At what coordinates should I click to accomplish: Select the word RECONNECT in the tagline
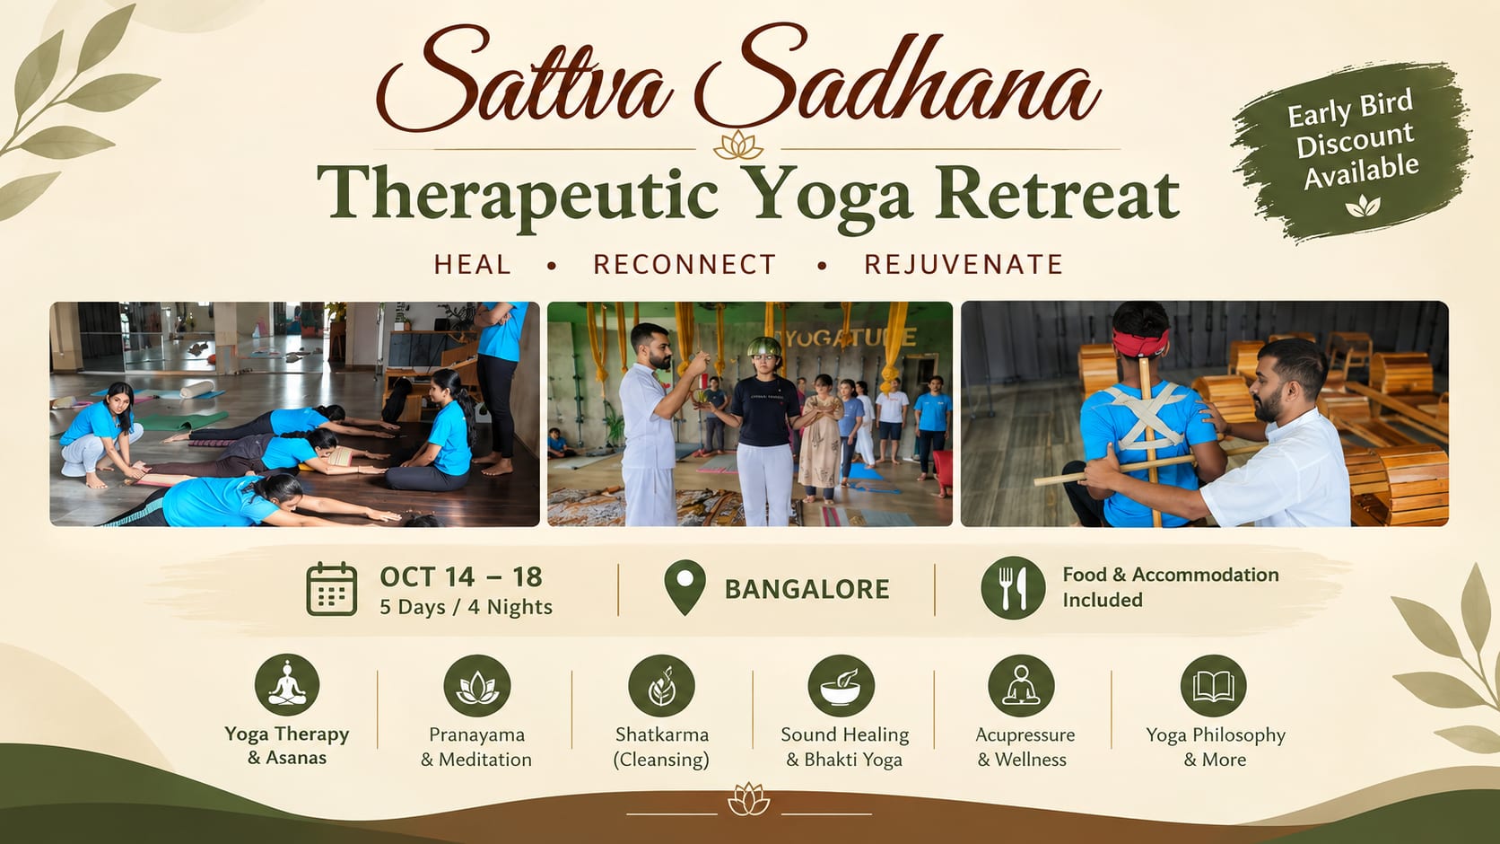click(685, 264)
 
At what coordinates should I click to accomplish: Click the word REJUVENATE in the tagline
click(964, 264)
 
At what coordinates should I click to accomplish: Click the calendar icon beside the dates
click(331, 589)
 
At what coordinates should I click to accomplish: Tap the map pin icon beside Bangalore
click(685, 587)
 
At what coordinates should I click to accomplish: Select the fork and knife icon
click(1013, 588)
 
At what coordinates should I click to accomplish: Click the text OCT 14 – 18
click(461, 576)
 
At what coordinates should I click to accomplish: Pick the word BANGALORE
click(807, 589)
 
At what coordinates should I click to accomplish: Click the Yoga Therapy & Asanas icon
click(287, 685)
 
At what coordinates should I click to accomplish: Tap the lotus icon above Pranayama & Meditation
click(476, 686)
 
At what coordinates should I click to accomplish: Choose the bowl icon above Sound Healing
click(842, 686)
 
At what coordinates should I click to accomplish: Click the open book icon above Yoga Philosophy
click(1214, 686)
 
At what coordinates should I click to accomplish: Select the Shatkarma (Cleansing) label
click(661, 747)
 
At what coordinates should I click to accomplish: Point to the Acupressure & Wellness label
click(1025, 747)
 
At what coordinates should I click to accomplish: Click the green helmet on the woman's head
click(764, 347)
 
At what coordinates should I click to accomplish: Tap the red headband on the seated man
click(1142, 341)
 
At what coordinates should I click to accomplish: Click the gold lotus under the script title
click(738, 145)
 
